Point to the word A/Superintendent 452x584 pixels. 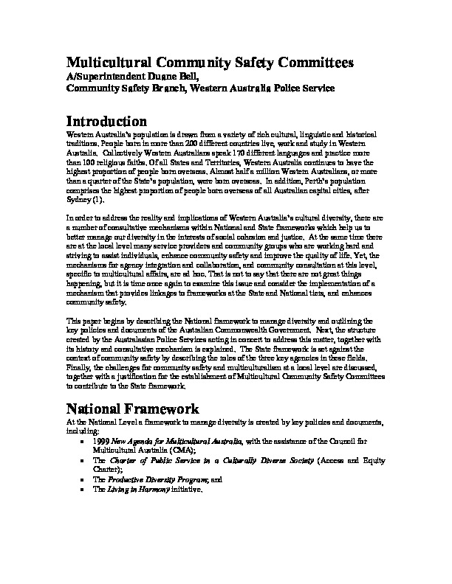click(107, 76)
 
